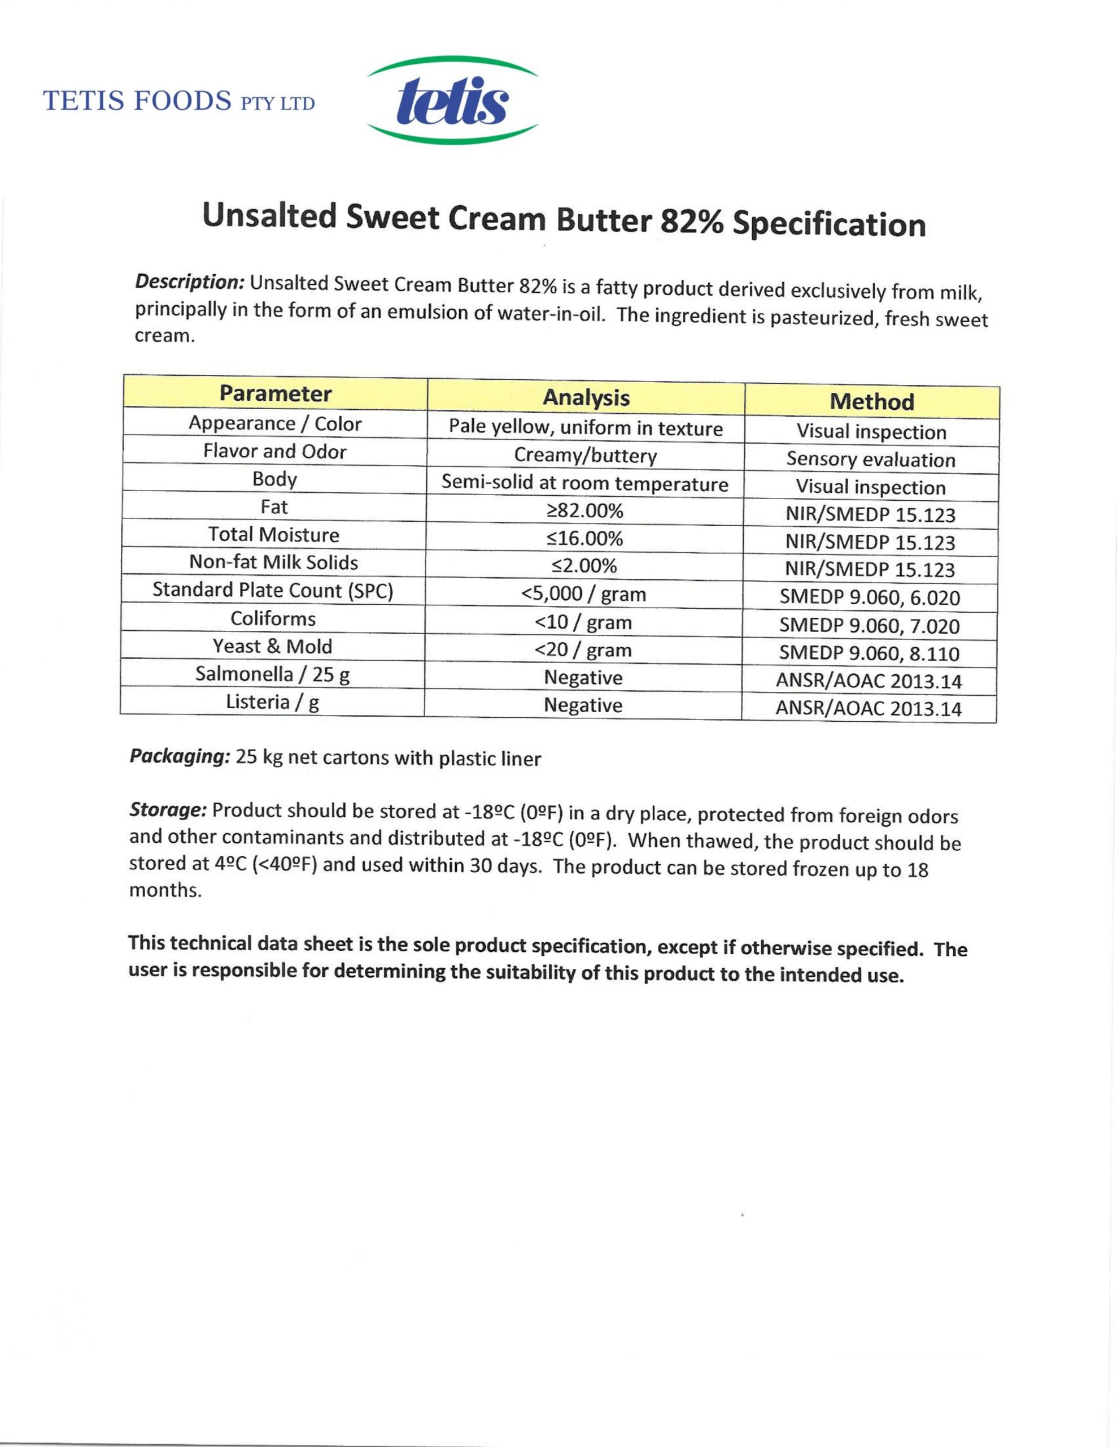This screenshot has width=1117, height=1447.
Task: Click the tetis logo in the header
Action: [452, 101]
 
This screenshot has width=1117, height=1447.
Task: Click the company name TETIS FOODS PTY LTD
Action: [179, 101]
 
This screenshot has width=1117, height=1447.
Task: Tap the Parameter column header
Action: [276, 393]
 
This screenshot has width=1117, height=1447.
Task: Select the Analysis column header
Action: [586, 397]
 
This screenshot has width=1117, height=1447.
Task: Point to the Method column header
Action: [871, 401]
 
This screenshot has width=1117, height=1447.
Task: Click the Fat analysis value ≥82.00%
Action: [584, 511]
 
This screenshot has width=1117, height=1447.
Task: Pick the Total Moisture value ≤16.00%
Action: [584, 539]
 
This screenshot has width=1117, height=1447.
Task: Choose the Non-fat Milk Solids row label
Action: [273, 562]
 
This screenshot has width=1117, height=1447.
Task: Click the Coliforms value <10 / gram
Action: [583, 622]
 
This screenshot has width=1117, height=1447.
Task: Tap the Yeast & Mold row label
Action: [272, 646]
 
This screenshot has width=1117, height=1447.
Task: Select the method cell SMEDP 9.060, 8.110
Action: [869, 653]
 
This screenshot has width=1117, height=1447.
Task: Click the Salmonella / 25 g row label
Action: [272, 674]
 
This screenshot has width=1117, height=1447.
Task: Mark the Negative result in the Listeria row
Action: [583, 705]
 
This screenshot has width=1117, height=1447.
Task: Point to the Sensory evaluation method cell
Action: [871, 459]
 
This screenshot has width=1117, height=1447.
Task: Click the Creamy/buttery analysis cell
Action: [585, 456]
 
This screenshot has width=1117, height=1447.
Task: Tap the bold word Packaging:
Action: [180, 756]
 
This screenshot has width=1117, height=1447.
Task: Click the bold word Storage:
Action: [169, 809]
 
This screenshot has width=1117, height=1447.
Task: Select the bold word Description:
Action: [190, 282]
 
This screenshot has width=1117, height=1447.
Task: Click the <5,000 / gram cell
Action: [583, 594]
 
